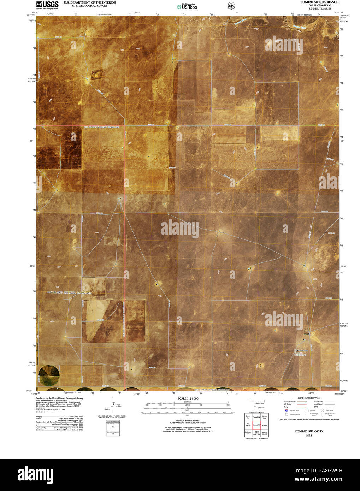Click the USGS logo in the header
47,5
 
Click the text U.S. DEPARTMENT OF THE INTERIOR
90,2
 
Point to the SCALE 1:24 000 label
188,398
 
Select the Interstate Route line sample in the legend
301,402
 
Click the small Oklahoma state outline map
257,403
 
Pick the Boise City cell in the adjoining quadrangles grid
248,417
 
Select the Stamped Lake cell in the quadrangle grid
265,417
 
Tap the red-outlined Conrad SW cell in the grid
256,425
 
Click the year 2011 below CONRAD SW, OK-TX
309,436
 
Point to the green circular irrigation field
49,375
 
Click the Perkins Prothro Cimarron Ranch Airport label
301,353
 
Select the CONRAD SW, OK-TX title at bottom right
309,432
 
